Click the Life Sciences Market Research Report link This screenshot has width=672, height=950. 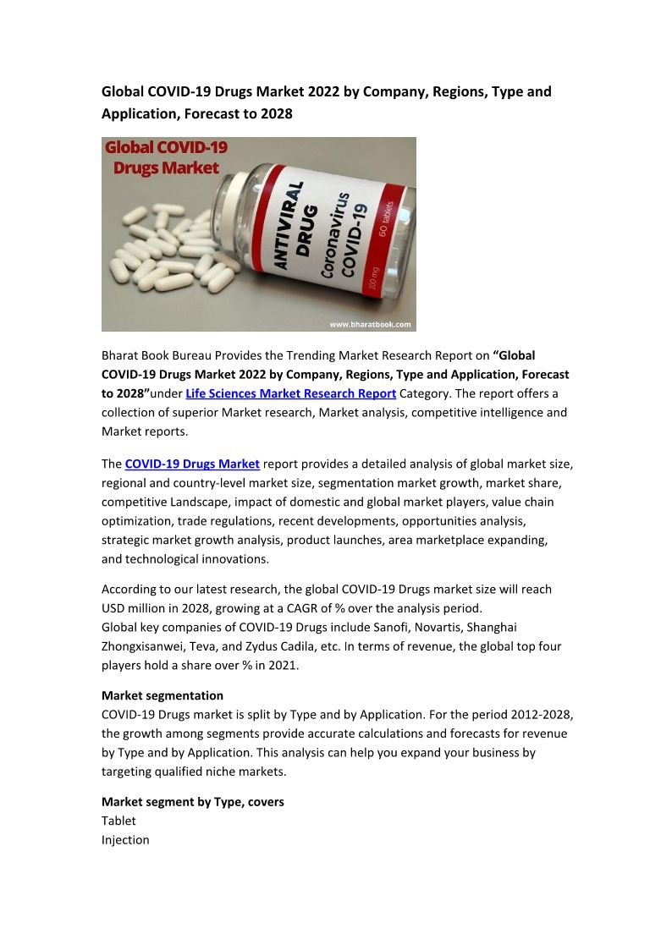pyautogui.click(x=291, y=393)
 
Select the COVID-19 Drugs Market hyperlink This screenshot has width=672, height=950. pyautogui.click(x=192, y=464)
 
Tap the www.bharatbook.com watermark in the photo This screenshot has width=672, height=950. pyautogui.click(x=369, y=323)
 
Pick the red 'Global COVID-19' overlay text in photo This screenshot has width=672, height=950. pyautogui.click(x=166, y=147)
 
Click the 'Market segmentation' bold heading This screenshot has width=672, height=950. pyautogui.click(x=162, y=695)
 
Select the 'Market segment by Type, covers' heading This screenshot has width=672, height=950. pyautogui.click(x=193, y=801)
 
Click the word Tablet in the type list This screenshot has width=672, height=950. pyautogui.click(x=118, y=821)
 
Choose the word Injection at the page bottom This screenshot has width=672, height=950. pyautogui.click(x=125, y=840)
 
